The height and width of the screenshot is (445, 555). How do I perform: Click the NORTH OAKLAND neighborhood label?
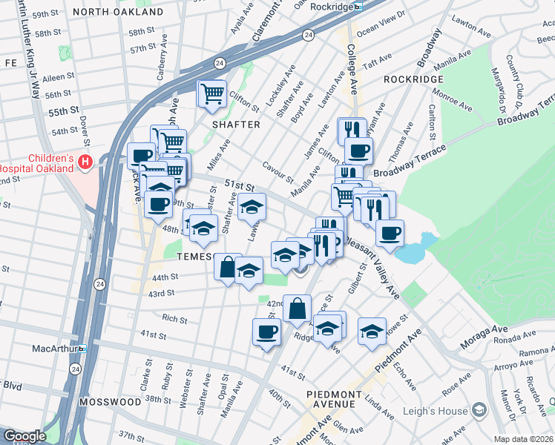click(x=119, y=13)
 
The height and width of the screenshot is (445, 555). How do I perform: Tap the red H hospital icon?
click(x=86, y=161)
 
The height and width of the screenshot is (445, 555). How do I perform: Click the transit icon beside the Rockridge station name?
click(x=358, y=7)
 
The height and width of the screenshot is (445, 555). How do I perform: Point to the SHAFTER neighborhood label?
click(x=236, y=125)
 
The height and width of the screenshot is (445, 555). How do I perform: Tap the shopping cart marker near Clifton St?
click(x=212, y=93)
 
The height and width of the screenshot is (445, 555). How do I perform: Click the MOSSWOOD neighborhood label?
click(x=111, y=401)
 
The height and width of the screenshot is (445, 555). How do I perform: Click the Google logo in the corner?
click(x=24, y=436)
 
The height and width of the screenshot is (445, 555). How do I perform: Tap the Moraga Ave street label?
click(x=487, y=328)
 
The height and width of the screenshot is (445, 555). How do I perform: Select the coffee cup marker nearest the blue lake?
click(x=390, y=234)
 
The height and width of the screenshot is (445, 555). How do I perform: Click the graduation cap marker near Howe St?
click(x=372, y=331)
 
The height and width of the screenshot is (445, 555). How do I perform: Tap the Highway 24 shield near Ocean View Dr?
click(x=307, y=35)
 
